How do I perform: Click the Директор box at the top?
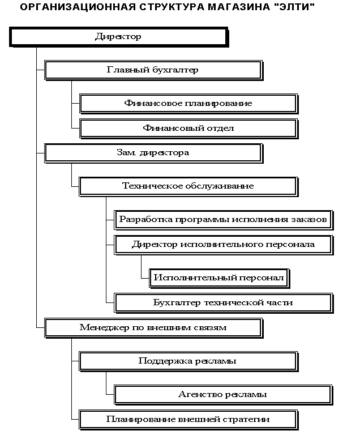[x=119, y=37]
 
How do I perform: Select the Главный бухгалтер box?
[x=153, y=70]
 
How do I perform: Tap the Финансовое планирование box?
[x=188, y=104]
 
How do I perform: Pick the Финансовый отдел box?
[x=188, y=129]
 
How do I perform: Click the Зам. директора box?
[x=153, y=153]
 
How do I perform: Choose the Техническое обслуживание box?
[x=188, y=187]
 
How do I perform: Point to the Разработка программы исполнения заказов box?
[x=224, y=220]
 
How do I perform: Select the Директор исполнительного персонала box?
[x=224, y=245]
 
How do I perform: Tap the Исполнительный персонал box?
[x=219, y=278]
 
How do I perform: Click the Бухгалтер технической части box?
[x=224, y=303]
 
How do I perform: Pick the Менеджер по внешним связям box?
[x=153, y=328]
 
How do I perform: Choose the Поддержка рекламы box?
[x=188, y=361]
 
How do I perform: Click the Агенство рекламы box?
[x=224, y=395]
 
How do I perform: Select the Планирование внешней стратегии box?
[x=188, y=420]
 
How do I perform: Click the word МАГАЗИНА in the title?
[x=238, y=7]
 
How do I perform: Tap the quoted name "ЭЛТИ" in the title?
[x=294, y=7]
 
